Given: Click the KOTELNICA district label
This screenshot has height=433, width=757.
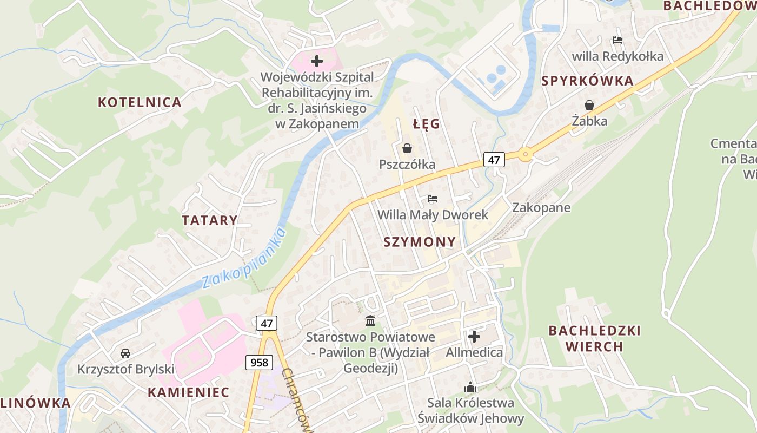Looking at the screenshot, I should (140, 102).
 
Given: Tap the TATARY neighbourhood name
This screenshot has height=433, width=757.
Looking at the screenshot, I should (209, 220).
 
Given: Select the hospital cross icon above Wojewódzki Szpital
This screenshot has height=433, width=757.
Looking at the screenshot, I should (317, 61).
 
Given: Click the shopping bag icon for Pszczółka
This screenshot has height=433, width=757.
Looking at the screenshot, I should (407, 148).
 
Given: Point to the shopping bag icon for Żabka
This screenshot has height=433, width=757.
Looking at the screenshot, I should (589, 105).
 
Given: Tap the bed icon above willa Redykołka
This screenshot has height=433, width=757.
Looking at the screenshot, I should (617, 40).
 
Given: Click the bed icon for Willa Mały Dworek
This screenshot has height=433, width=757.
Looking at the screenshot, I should (432, 199).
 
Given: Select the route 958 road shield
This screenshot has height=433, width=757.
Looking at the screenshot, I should (259, 362).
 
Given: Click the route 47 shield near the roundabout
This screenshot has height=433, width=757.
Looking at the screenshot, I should (494, 159).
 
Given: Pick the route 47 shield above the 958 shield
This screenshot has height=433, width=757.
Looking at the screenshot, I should (267, 323).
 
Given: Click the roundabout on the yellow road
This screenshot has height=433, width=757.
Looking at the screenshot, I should (525, 155).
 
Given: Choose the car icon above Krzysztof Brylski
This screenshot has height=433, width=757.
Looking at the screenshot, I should (125, 353).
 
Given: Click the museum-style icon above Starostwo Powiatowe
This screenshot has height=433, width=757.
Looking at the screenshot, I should (370, 321).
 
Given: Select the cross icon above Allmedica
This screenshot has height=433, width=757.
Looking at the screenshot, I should (474, 337).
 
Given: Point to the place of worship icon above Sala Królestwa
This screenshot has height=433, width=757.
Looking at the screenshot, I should (470, 387).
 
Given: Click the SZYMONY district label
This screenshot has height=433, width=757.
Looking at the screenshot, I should (420, 242).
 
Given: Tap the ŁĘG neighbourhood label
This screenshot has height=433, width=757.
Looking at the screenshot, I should (426, 124).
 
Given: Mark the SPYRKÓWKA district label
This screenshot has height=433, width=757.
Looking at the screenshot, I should (587, 81).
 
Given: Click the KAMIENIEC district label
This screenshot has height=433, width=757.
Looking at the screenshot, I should (189, 392).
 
